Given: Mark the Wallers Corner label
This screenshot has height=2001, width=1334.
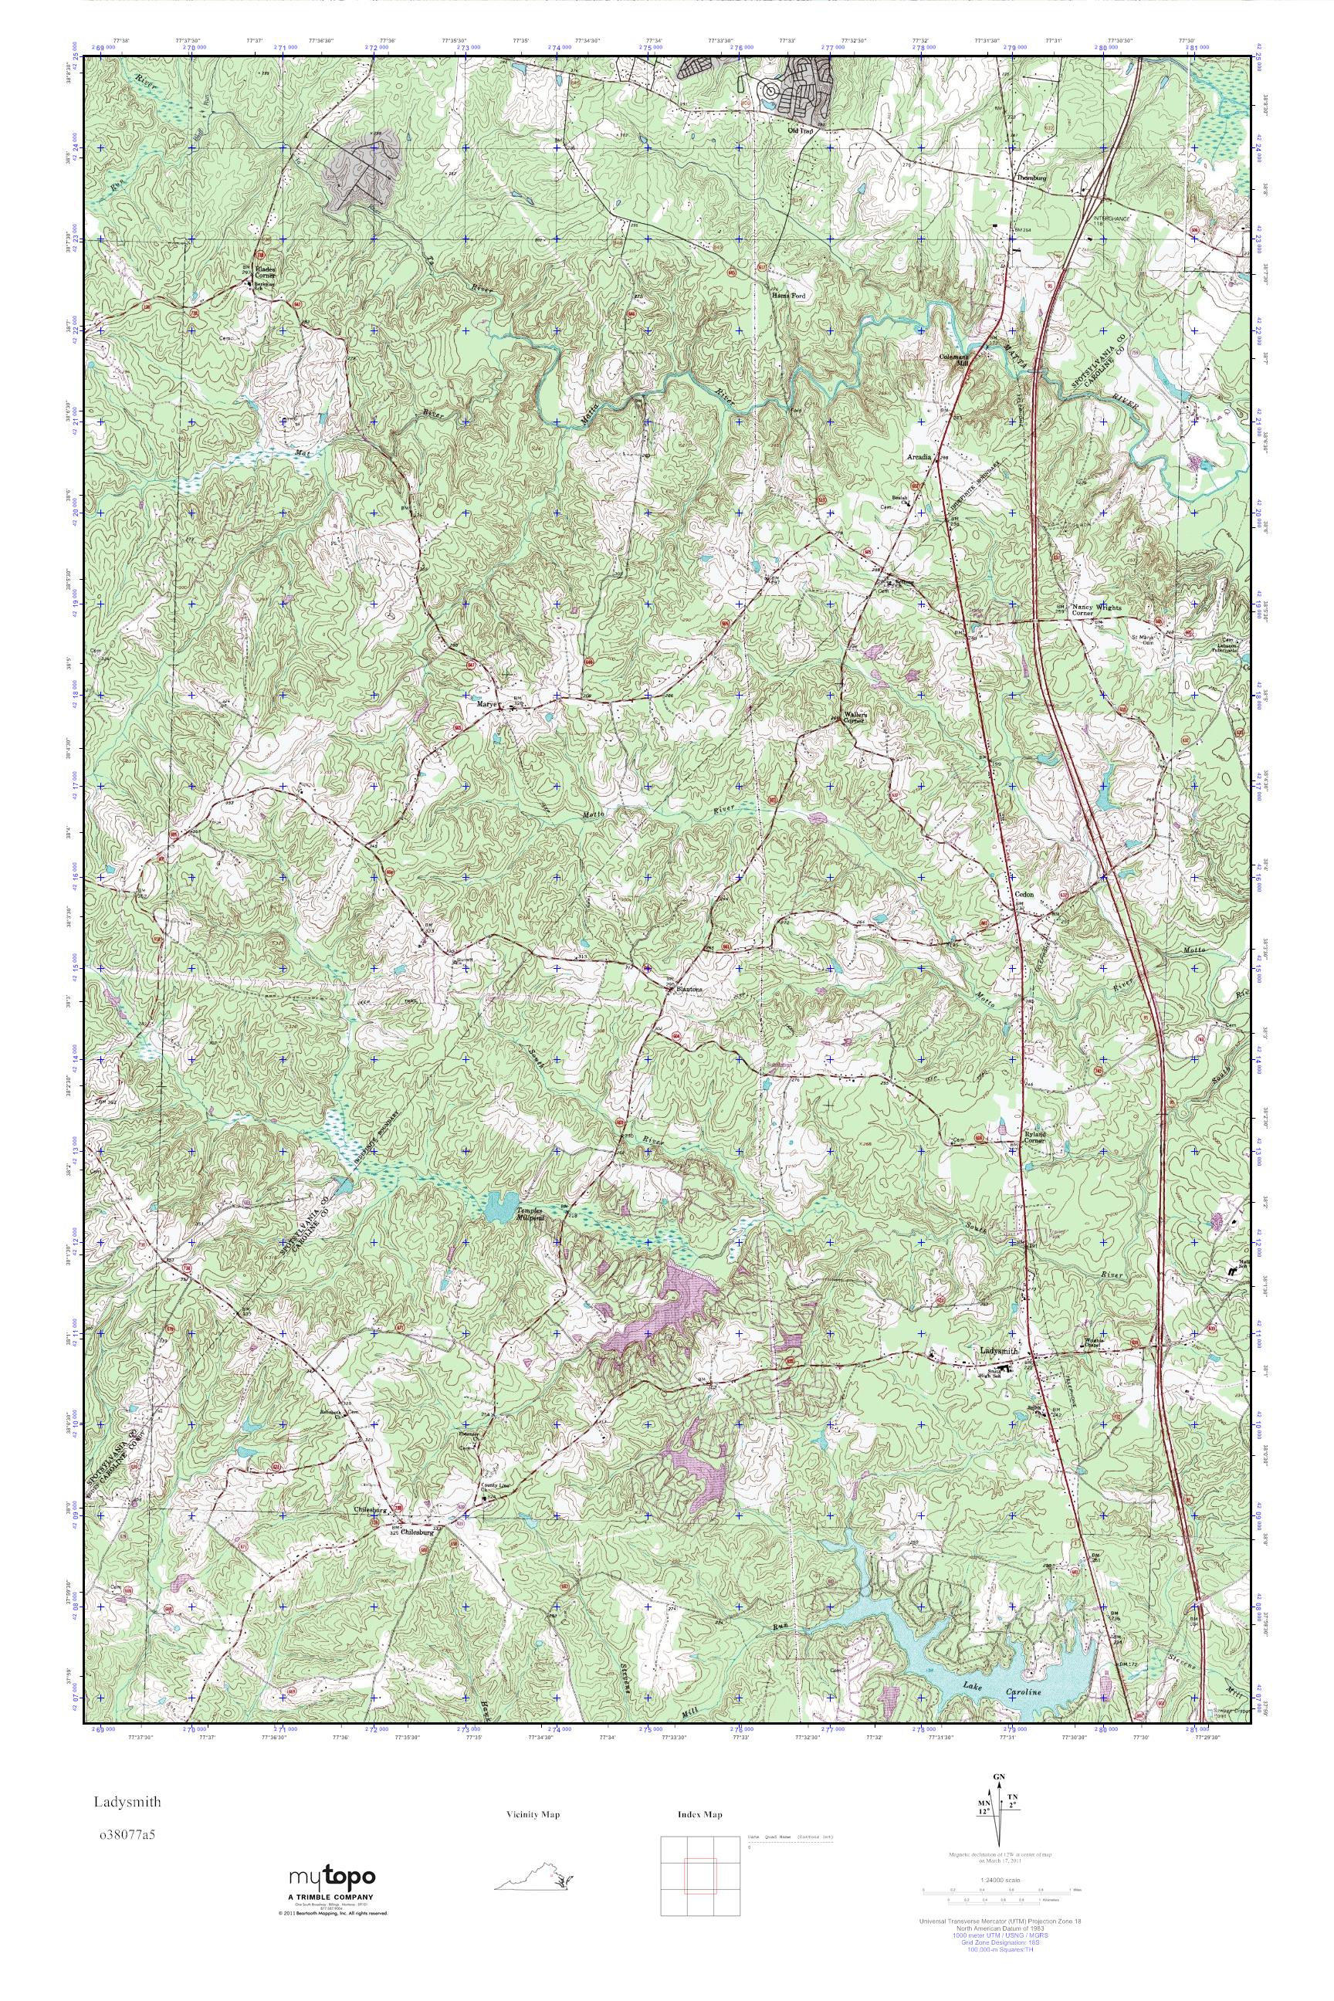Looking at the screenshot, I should click(854, 716).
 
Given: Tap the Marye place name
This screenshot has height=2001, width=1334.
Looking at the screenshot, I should click(486, 703).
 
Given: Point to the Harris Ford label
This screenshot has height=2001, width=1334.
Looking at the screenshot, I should click(787, 296).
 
